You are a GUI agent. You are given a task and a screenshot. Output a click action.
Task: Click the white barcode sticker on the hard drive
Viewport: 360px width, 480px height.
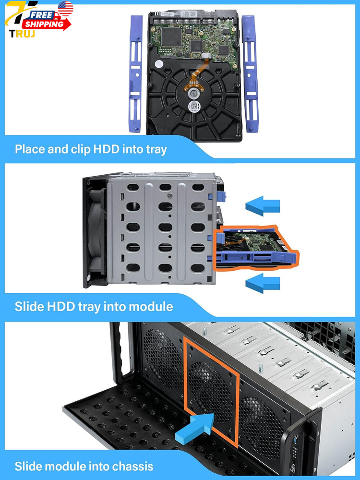(194, 106)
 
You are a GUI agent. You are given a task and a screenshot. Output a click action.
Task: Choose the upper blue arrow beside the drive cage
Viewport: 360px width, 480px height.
(263, 206)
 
